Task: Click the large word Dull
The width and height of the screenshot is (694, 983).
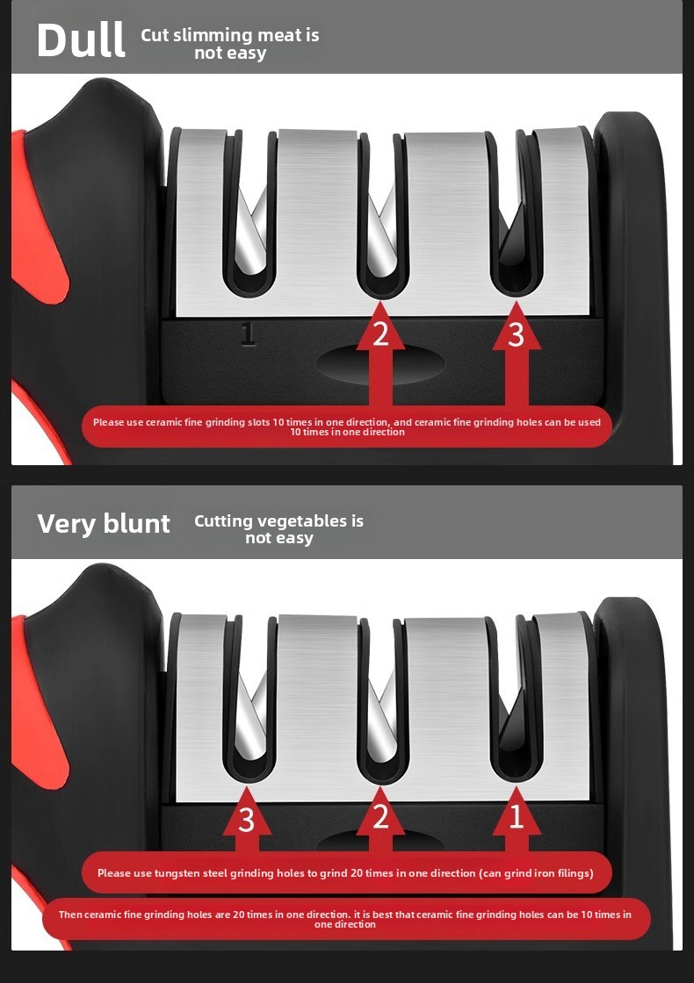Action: click(x=81, y=40)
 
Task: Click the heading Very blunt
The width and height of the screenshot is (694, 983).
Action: click(x=104, y=524)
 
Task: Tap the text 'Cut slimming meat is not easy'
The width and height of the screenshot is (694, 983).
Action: click(x=229, y=44)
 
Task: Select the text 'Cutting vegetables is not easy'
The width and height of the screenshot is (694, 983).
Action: click(x=278, y=529)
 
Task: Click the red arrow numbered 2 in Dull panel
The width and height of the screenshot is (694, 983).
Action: click(x=380, y=355)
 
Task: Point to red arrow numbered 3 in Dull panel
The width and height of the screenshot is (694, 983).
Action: click(x=517, y=355)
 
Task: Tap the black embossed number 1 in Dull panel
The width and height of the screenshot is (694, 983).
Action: click(x=249, y=334)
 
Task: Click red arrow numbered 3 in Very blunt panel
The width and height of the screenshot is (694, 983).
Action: click(x=247, y=820)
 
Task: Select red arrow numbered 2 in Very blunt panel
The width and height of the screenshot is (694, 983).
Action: click(x=380, y=820)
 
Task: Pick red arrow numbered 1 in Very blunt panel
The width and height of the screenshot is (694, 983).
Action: click(x=517, y=820)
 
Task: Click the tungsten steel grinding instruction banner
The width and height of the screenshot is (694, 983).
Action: click(x=346, y=872)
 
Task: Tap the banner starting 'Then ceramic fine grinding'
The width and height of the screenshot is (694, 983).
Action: click(x=346, y=919)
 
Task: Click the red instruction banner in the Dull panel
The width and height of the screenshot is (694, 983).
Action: click(x=347, y=427)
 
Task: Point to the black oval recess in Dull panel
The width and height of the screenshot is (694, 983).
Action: click(x=380, y=363)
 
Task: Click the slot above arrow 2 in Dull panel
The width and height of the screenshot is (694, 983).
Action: click(x=381, y=213)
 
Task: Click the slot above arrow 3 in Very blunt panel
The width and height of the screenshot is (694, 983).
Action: click(x=249, y=697)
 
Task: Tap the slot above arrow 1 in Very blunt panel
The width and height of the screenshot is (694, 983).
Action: click(x=516, y=697)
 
